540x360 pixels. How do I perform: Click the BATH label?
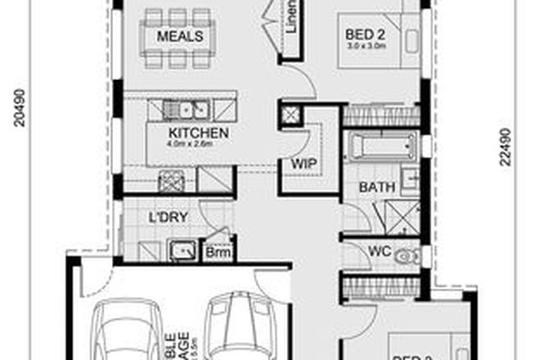[x=378, y=187]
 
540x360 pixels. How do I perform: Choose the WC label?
[x=378, y=250]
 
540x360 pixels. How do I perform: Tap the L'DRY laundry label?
[x=164, y=218]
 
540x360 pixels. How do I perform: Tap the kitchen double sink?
[x=187, y=109]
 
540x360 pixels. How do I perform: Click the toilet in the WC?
[x=405, y=257]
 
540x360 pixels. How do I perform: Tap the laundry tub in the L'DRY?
[x=181, y=250]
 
